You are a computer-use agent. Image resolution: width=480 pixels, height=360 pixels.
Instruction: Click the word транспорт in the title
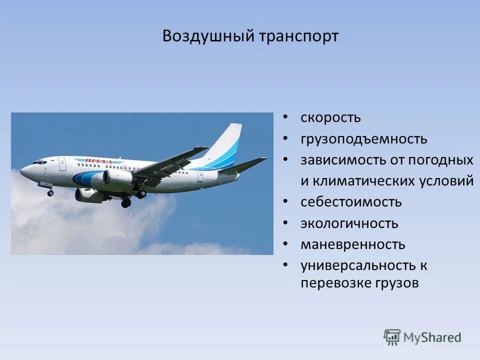coord(298,36)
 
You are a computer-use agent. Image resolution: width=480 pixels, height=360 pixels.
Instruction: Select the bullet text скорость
coord(330,118)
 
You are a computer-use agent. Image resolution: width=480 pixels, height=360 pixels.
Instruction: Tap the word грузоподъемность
coord(363,139)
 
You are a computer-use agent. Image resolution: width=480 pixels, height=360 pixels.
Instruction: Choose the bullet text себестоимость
coord(351,202)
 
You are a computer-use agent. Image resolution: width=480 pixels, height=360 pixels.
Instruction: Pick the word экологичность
coord(349,223)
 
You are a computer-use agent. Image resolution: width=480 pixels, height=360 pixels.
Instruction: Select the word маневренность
coord(352,244)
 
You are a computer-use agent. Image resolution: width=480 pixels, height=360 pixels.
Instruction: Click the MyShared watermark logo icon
coord(392,337)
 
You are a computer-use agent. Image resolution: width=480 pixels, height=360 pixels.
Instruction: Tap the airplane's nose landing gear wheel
coord(50,192)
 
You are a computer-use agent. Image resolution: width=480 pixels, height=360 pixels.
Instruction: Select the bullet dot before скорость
coord(285,117)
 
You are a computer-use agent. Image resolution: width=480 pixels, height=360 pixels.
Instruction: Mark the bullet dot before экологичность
coord(285,223)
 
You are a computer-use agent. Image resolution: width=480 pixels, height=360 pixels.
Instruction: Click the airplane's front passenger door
coord(62,164)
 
